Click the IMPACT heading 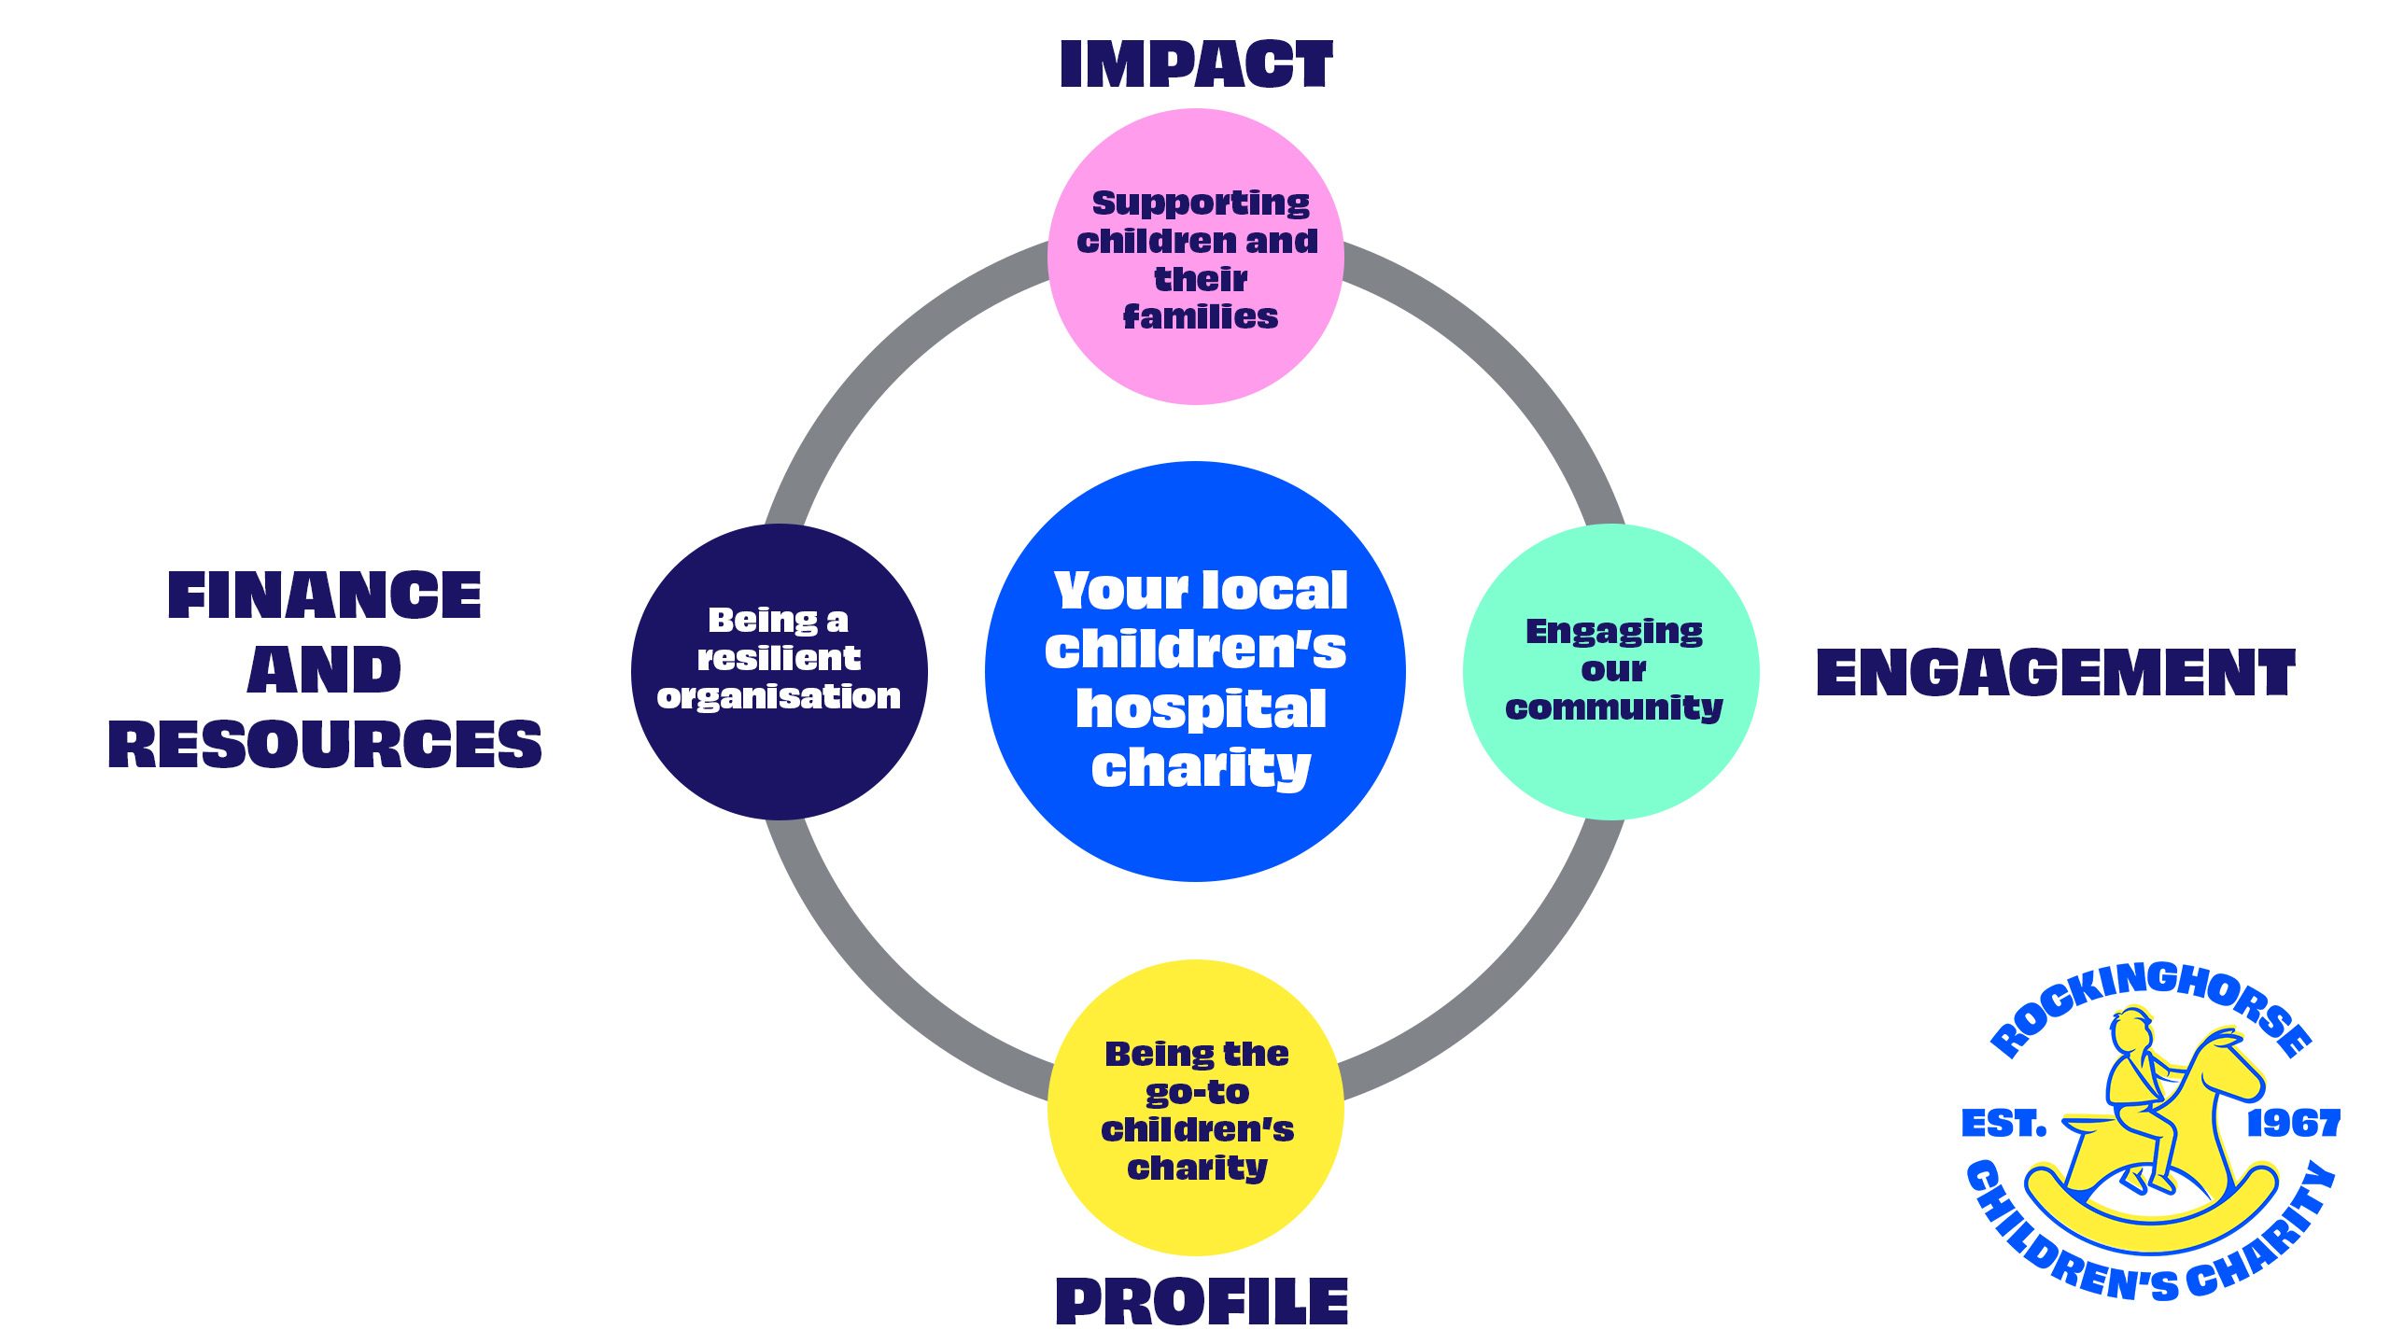[x=1196, y=64]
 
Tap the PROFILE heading [x=1202, y=1301]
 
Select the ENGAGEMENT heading [x=2055, y=673]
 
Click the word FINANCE [x=324, y=595]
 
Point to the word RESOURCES [x=325, y=745]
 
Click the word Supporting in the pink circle [x=1201, y=203]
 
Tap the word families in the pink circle [x=1201, y=317]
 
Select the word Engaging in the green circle [x=1614, y=632]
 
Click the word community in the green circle [x=1614, y=707]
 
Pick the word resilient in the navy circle [x=779, y=658]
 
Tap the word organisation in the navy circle [x=779, y=696]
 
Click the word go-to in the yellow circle [x=1197, y=1092]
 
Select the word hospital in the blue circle [x=1201, y=708]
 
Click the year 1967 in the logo [x=2293, y=1123]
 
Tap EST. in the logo [x=2003, y=1123]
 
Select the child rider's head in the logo [x=2132, y=1029]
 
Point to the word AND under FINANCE [x=324, y=670]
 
